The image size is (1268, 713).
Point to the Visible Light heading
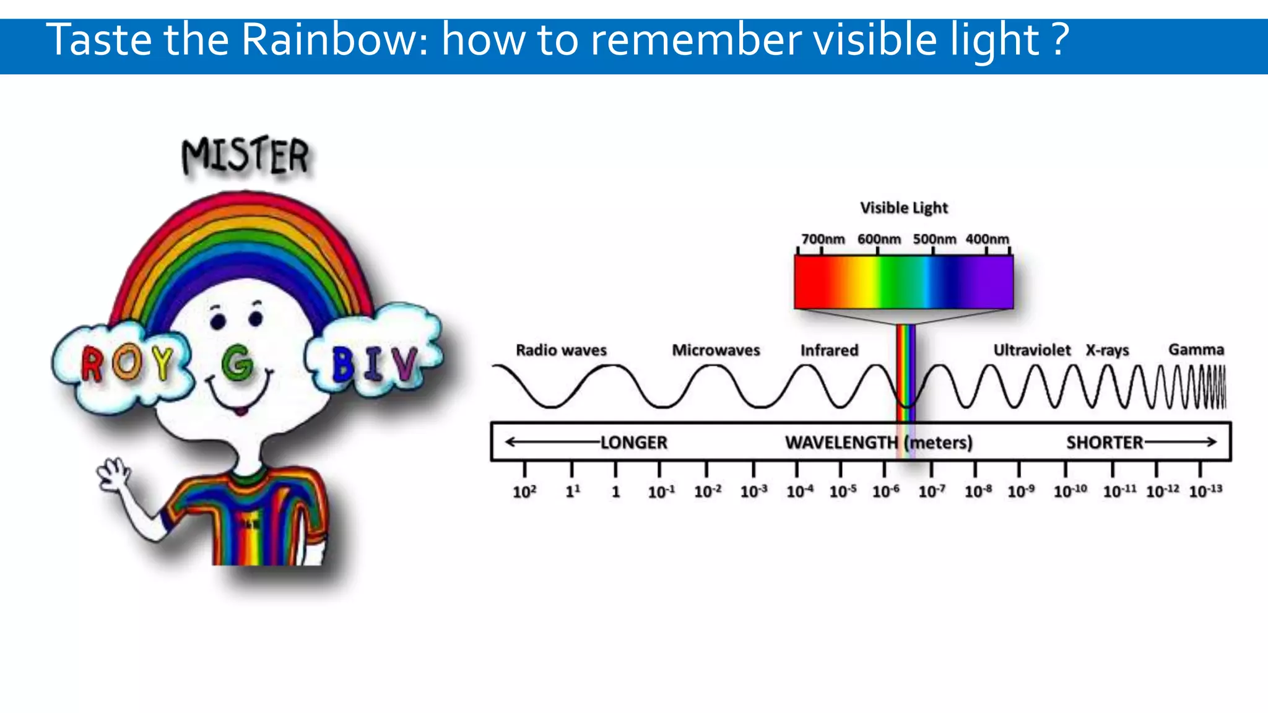[x=903, y=208]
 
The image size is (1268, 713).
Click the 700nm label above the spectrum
[x=823, y=239]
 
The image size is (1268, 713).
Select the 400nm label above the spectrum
[x=987, y=239]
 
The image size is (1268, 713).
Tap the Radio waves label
[x=561, y=350]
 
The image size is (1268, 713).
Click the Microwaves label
[x=716, y=350]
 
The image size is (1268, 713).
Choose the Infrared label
[x=829, y=350]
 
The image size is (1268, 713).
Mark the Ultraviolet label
[x=1031, y=350]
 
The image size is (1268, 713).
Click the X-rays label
[x=1107, y=350]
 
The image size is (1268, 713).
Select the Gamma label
[x=1196, y=350]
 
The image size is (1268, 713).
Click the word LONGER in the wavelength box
[x=633, y=443]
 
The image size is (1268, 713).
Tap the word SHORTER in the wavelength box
[x=1105, y=443]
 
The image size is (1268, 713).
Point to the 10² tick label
[x=524, y=492]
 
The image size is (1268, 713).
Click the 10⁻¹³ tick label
[x=1205, y=491]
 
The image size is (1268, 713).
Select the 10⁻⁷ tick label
[x=931, y=491]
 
